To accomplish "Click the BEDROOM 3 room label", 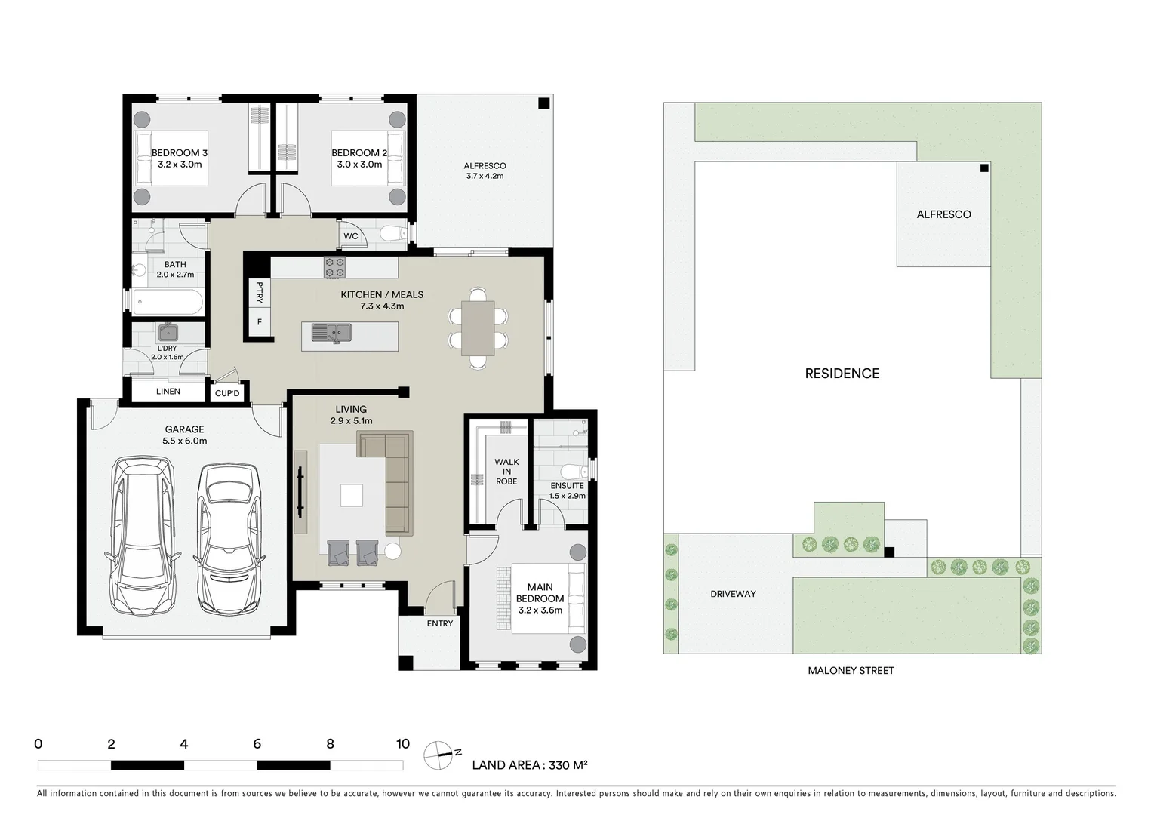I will click(x=179, y=153).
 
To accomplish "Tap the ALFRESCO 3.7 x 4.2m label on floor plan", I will click(x=485, y=171).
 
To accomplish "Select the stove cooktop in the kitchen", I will click(x=334, y=267).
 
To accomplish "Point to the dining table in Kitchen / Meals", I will click(x=478, y=328).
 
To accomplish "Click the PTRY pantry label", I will click(x=260, y=293).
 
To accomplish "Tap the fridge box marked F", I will click(x=260, y=322).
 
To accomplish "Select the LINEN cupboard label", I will click(x=168, y=391).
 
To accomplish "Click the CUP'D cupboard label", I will click(x=227, y=393).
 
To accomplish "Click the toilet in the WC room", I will click(x=392, y=234).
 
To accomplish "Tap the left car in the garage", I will click(x=143, y=535).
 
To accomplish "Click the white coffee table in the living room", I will click(x=351, y=495).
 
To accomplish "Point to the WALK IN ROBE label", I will click(x=506, y=472).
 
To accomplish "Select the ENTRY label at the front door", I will click(x=440, y=623).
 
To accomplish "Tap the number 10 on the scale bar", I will click(x=403, y=744).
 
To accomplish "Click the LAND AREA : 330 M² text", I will click(x=529, y=764).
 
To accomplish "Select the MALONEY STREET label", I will click(x=851, y=670).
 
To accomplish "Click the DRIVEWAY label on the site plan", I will click(x=733, y=594).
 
